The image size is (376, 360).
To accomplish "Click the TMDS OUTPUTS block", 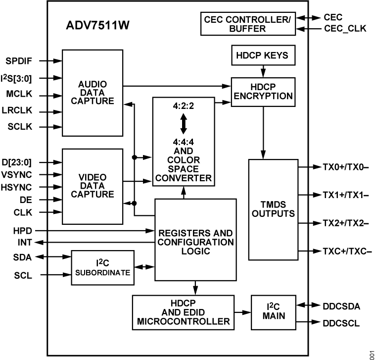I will click(273, 209).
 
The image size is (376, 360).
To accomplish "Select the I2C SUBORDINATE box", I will click(102, 267).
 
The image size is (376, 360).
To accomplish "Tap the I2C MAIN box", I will click(273, 312).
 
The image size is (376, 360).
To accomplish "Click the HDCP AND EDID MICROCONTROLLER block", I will click(183, 312).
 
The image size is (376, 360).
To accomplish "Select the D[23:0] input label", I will click(23, 162).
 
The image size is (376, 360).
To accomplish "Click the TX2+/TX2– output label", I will click(346, 223).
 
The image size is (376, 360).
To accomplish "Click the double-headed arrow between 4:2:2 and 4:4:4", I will click(183, 123).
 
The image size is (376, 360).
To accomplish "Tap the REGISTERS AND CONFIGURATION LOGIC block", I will click(195, 240).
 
